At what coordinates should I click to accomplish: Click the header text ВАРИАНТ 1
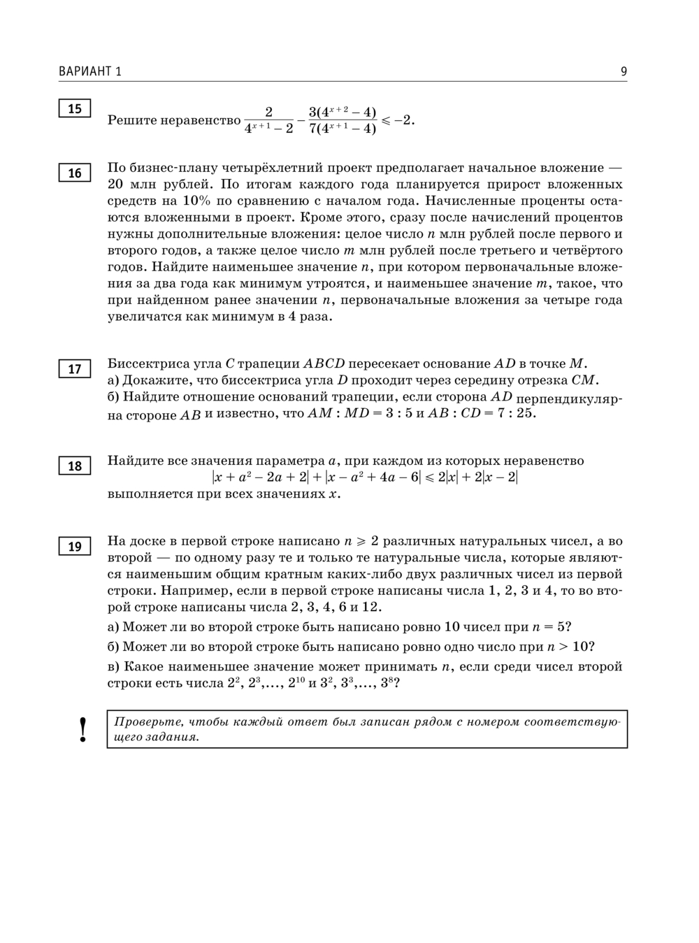90,71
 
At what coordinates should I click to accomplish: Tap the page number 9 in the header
624,71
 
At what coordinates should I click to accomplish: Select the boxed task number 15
75,108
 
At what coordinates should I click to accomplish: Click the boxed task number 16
75,173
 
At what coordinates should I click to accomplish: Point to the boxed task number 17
75,369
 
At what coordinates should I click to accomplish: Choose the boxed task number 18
75,466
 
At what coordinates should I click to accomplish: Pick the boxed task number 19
75,547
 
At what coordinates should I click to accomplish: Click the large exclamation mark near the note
84,729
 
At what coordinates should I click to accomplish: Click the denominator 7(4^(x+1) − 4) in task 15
343,129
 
